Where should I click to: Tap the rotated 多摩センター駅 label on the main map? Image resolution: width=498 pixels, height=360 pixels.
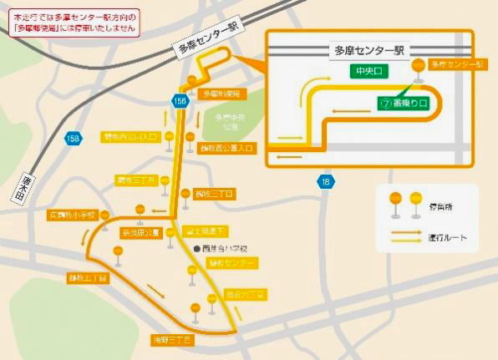(208, 38)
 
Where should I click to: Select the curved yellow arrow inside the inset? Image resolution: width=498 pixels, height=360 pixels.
(318, 87)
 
